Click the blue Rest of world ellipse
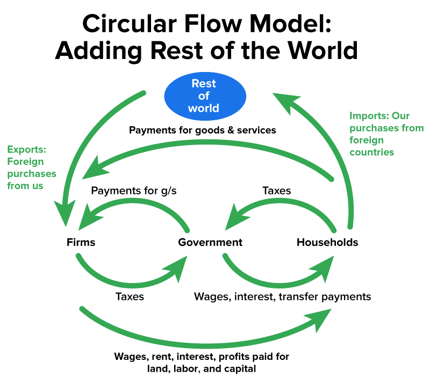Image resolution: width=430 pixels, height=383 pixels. click(x=204, y=96)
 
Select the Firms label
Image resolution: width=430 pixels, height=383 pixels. click(x=81, y=242)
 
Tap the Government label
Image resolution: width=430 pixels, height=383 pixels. click(x=210, y=242)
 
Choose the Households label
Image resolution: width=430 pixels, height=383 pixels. click(x=327, y=242)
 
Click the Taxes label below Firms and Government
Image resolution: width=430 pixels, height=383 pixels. click(x=130, y=296)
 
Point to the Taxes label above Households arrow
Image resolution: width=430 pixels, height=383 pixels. click(x=276, y=190)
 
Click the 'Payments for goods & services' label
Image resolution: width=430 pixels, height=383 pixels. click(x=202, y=130)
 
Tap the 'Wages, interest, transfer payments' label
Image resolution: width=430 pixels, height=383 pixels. click(x=282, y=296)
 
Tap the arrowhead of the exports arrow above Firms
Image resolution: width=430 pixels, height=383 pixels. click(x=66, y=218)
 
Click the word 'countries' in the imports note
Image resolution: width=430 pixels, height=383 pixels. click(x=371, y=152)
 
